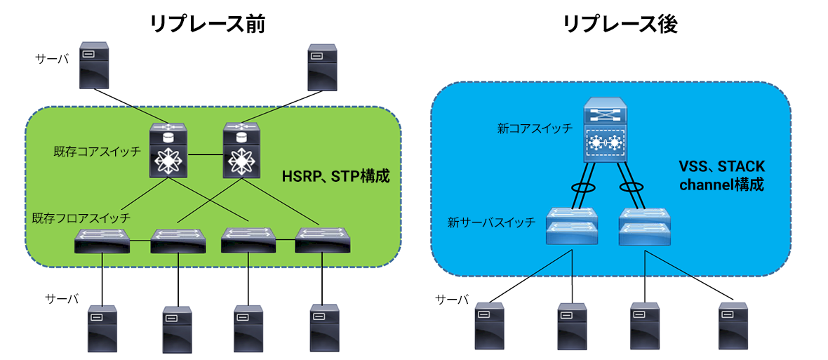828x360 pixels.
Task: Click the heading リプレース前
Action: (x=208, y=26)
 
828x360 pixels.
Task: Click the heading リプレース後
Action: (x=621, y=26)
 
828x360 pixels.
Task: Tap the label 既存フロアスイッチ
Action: (x=80, y=218)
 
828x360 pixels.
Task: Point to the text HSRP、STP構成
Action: (x=335, y=175)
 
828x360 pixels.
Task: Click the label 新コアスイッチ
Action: (x=533, y=129)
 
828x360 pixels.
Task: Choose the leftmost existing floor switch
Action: (x=102, y=240)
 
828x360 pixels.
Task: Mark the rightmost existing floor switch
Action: (x=323, y=240)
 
